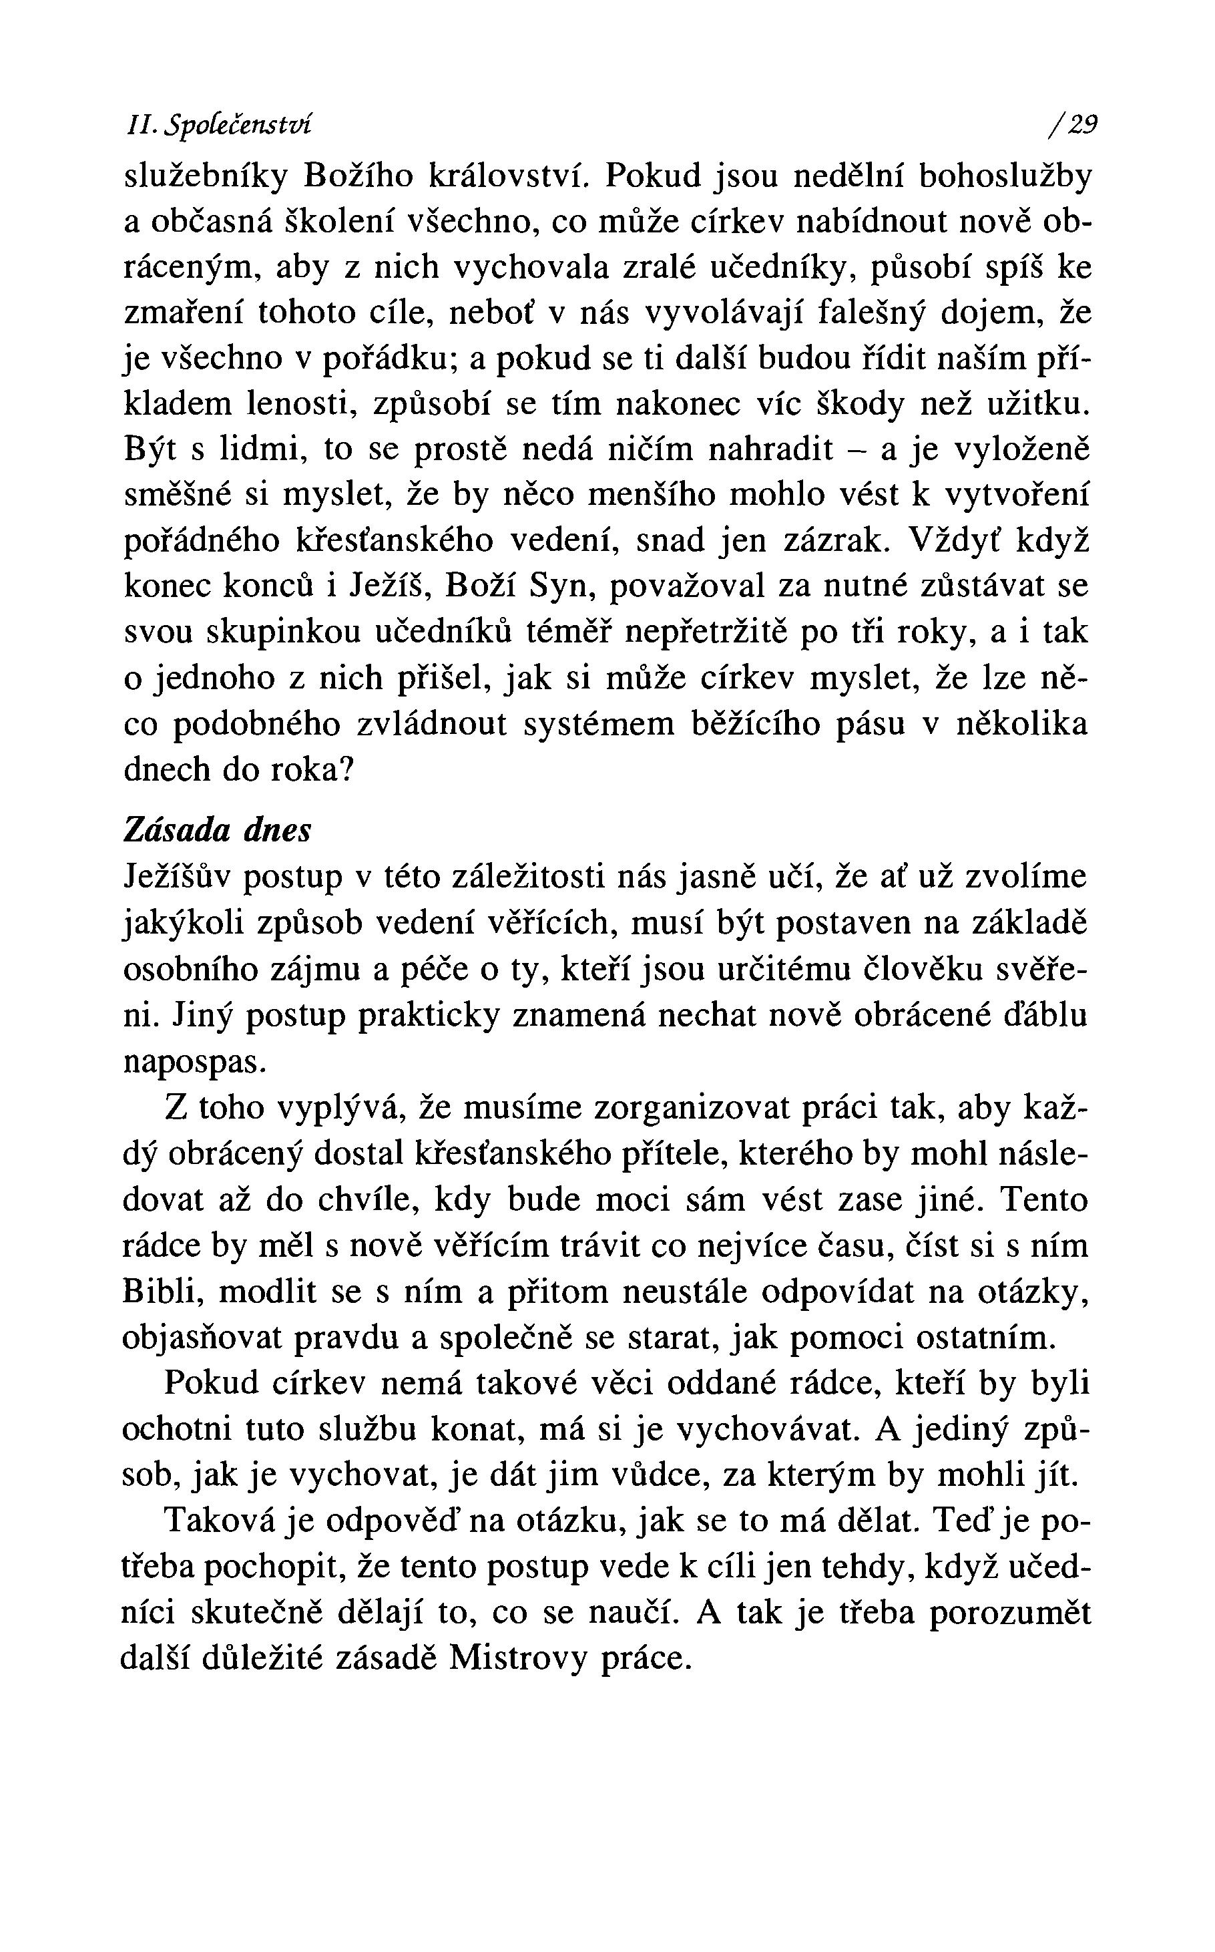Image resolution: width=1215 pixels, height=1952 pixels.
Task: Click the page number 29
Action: click(x=1080, y=125)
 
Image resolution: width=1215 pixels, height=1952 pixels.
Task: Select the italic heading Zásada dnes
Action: click(x=217, y=830)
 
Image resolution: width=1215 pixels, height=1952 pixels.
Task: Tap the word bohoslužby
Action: click(x=1005, y=175)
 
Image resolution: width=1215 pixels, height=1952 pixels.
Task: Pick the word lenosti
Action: click(x=300, y=403)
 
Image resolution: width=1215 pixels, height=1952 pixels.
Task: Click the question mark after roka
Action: click(x=347, y=770)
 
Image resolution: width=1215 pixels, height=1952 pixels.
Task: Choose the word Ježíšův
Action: click(x=176, y=877)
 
